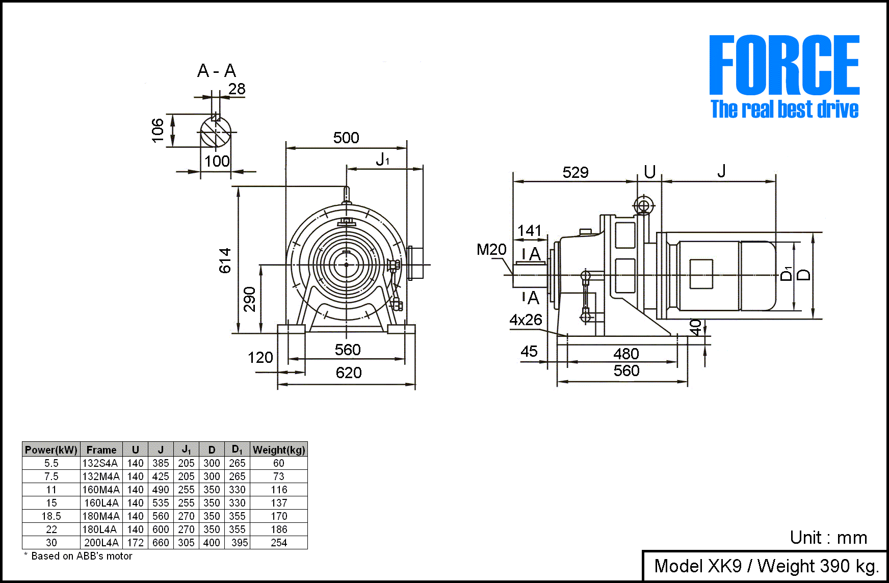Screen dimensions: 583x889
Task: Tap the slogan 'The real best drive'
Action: [784, 109]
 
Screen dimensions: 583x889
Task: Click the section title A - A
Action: [217, 70]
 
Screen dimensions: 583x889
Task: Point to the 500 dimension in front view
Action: [346, 138]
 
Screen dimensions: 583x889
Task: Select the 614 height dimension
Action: [225, 260]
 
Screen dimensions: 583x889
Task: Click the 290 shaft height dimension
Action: [249, 299]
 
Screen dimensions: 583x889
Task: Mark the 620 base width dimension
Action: [349, 373]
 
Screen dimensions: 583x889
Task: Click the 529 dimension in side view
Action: [576, 172]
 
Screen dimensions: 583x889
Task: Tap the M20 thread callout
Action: [491, 249]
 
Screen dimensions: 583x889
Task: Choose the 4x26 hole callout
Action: [526, 320]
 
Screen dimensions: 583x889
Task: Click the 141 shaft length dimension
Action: [530, 230]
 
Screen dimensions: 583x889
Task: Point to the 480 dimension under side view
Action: [626, 353]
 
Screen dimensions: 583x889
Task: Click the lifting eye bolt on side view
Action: [644, 206]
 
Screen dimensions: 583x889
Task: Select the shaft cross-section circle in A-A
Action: [215, 132]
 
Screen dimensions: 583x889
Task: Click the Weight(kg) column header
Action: [279, 449]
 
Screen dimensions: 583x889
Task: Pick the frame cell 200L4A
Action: [101, 543]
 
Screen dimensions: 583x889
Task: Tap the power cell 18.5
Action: [51, 516]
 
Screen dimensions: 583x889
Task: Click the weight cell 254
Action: [279, 543]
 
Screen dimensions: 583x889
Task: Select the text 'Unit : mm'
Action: [828, 538]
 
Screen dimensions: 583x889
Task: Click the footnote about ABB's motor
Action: [79, 556]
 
